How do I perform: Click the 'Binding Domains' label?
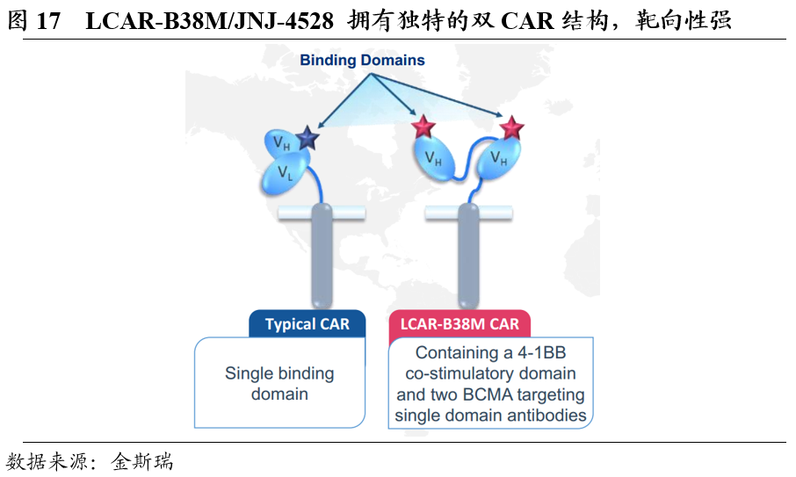pyautogui.click(x=362, y=61)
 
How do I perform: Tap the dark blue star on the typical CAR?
pyautogui.click(x=306, y=138)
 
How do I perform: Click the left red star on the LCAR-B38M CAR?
pyautogui.click(x=424, y=128)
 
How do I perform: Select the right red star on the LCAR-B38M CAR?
pyautogui.click(x=511, y=129)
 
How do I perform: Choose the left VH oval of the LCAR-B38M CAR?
pyautogui.click(x=433, y=159)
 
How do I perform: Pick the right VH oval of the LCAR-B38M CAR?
pyautogui.click(x=498, y=160)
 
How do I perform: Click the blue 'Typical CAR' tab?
pyautogui.click(x=307, y=324)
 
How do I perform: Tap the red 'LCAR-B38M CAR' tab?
pyautogui.click(x=460, y=324)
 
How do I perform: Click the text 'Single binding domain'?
pyautogui.click(x=279, y=384)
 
